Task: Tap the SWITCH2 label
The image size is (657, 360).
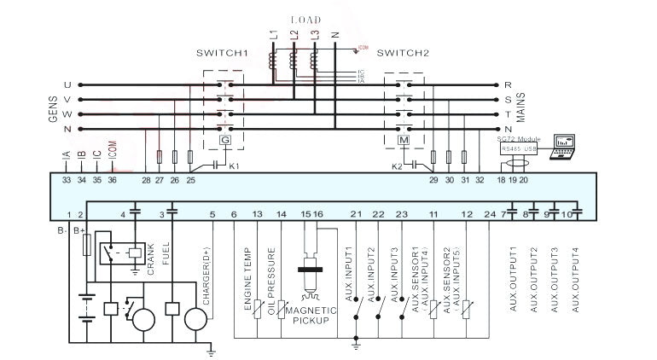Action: point(402,53)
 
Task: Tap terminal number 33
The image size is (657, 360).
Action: point(66,180)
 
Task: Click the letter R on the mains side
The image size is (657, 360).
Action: point(508,85)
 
